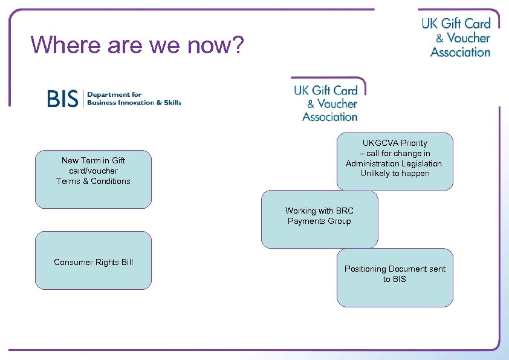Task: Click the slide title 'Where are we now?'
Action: pyautogui.click(x=137, y=44)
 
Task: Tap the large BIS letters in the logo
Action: pyautogui.click(x=63, y=99)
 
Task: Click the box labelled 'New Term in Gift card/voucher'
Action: pyautogui.click(x=93, y=179)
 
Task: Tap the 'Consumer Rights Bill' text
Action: pyautogui.click(x=93, y=262)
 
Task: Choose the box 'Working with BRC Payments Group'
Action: pyautogui.click(x=319, y=220)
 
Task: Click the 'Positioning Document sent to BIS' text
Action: pyautogui.click(x=395, y=274)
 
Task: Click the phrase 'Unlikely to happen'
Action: pyautogui.click(x=395, y=174)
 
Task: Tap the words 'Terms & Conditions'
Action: pyautogui.click(x=93, y=181)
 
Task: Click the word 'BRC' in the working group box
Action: pyautogui.click(x=344, y=211)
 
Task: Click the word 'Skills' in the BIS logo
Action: pyautogui.click(x=172, y=103)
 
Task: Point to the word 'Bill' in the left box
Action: pyautogui.click(x=126, y=262)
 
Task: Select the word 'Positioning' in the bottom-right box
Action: pyautogui.click(x=365, y=269)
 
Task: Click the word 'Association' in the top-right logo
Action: pyautogui.click(x=460, y=53)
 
